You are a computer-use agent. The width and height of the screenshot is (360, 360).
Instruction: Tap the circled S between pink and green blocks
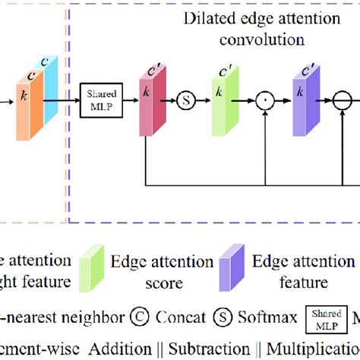pos(185,99)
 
